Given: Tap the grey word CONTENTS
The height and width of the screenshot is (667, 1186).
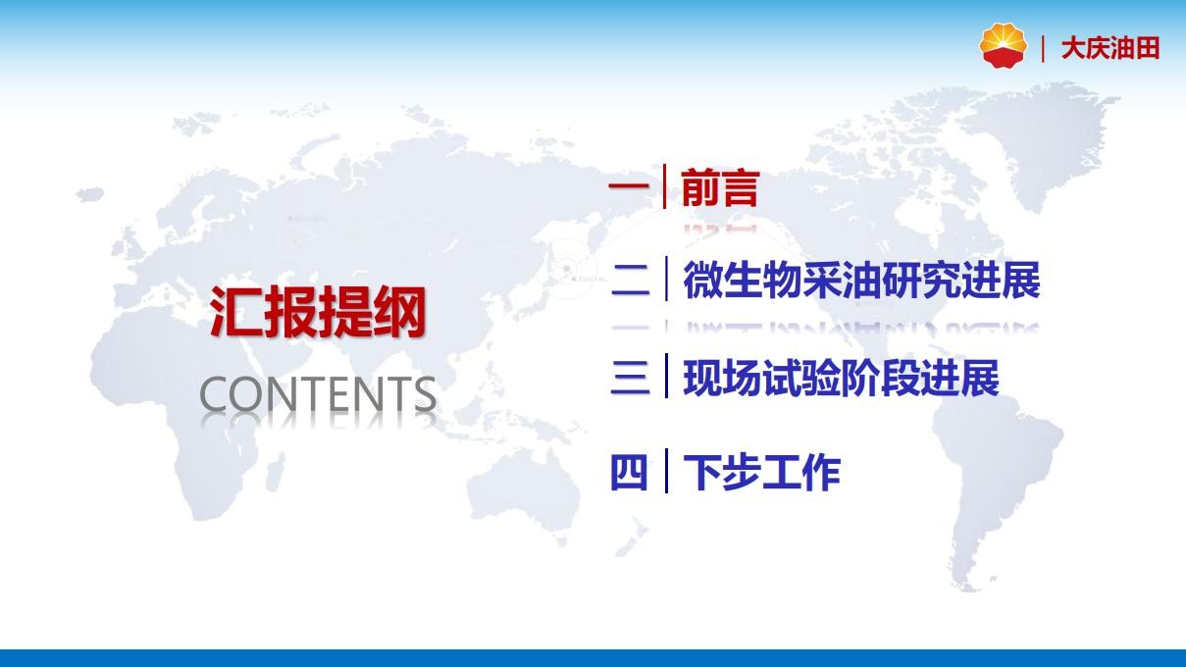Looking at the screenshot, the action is tap(318, 394).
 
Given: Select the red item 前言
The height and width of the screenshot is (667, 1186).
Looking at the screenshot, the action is tap(721, 187).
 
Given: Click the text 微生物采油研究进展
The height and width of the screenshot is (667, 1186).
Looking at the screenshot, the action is tap(861, 280).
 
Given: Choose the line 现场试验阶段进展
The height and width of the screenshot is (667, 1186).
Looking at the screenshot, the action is tap(842, 377).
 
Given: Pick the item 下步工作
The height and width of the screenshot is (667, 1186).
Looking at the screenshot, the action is tap(762, 471).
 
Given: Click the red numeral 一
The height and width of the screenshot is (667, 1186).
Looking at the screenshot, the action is tap(629, 185).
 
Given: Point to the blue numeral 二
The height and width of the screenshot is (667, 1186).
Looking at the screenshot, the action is tap(630, 280).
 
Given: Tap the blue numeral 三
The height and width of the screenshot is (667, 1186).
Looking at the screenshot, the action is tap(630, 377).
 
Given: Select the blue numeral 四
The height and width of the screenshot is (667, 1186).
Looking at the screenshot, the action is tap(629, 472).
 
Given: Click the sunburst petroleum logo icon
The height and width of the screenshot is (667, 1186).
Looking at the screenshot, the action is tap(1003, 45).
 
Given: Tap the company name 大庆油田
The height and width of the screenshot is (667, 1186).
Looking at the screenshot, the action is tap(1110, 48).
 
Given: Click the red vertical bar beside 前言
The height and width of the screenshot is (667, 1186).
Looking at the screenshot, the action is tap(664, 186).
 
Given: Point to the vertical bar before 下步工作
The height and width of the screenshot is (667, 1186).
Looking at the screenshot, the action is tap(666, 471).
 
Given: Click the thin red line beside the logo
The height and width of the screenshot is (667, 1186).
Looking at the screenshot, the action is tap(1043, 48).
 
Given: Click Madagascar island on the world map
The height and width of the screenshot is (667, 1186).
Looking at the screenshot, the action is tap(274, 473).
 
